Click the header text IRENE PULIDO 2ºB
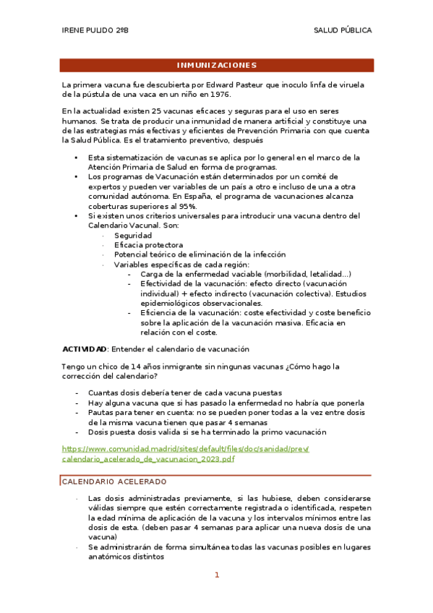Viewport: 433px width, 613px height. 95,30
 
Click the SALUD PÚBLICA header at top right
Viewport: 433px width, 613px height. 343,30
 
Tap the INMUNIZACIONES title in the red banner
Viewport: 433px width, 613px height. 217,65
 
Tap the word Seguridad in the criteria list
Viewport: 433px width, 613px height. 132,236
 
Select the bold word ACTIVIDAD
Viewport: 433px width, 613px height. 85,348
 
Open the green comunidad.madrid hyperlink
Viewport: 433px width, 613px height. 185,454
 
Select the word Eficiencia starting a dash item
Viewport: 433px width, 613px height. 160,313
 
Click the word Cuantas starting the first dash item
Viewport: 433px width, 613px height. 103,393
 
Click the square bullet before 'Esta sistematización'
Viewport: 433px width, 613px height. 76,158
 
